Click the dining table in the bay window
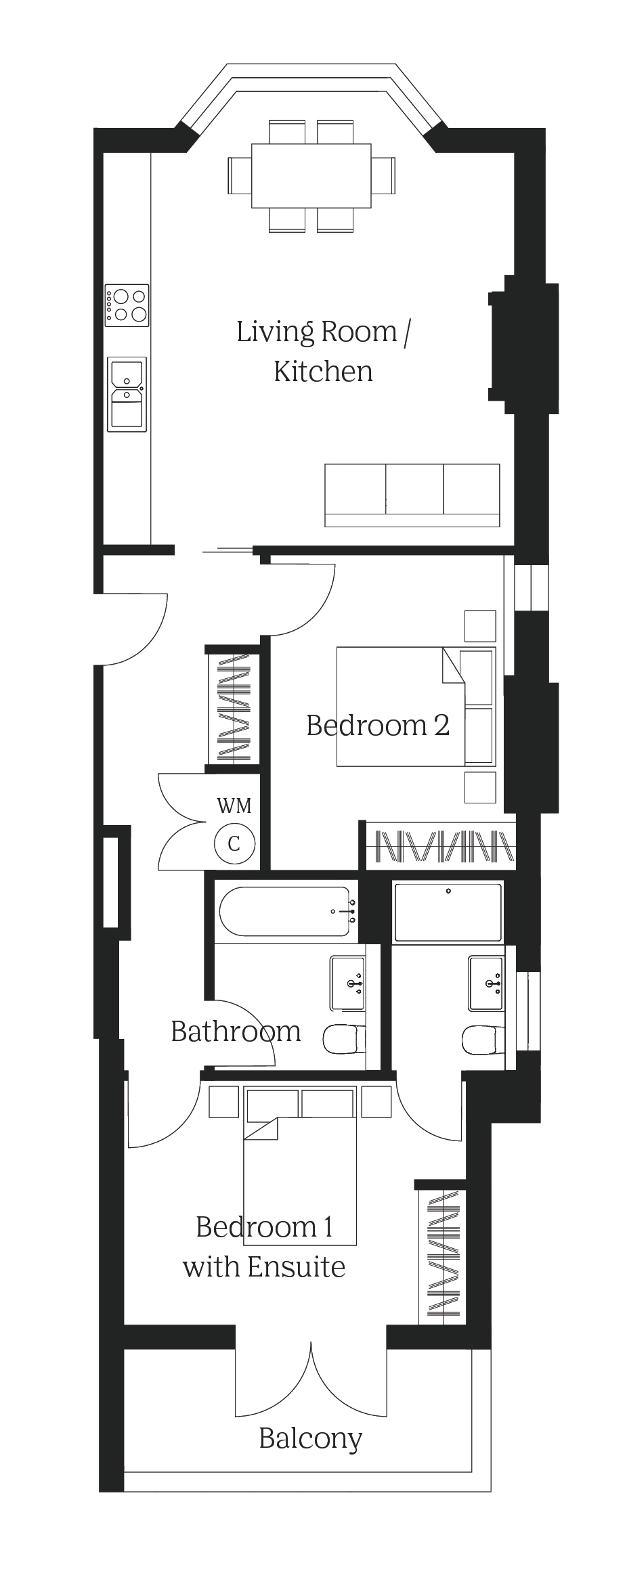[311, 176]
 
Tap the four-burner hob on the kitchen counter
[127, 305]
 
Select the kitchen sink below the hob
[127, 395]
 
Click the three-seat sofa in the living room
[412, 495]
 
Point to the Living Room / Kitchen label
[323, 351]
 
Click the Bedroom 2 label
[378, 725]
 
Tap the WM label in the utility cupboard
[234, 805]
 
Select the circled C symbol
[234, 843]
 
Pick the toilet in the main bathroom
[344, 1040]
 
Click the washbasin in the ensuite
[486, 983]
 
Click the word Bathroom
[236, 1032]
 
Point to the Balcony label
[311, 1439]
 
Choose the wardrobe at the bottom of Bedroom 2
[441, 845]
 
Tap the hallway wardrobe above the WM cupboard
[234, 706]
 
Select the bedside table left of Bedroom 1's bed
[224, 1102]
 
